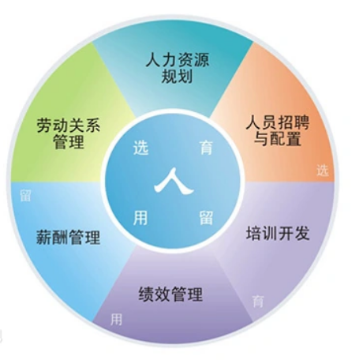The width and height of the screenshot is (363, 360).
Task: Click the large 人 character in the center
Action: pyautogui.click(x=174, y=181)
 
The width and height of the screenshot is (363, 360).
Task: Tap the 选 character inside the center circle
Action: pyautogui.click(x=141, y=147)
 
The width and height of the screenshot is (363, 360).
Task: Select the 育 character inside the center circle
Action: pyautogui.click(x=206, y=147)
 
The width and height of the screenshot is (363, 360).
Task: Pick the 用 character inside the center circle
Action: pyautogui.click(x=140, y=217)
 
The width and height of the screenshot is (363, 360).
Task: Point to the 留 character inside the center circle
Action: pyautogui.click(x=206, y=217)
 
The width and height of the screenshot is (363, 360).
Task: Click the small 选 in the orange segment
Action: pyautogui.click(x=323, y=171)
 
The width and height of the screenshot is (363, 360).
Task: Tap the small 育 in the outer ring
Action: pyautogui.click(x=258, y=301)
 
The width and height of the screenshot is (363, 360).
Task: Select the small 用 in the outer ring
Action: pyautogui.click(x=116, y=319)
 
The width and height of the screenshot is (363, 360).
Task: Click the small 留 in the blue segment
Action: pyautogui.click(x=25, y=196)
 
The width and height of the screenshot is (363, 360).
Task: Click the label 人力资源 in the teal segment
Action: pyautogui.click(x=178, y=60)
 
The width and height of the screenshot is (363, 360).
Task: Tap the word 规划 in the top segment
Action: pyautogui.click(x=177, y=76)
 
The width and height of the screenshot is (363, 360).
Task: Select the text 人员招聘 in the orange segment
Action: pyautogui.click(x=278, y=122)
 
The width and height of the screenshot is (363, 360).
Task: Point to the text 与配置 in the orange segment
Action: pyautogui.click(x=278, y=138)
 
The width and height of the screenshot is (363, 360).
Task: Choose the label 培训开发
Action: pyautogui.click(x=278, y=233)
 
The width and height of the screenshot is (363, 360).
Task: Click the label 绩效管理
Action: pyautogui.click(x=170, y=294)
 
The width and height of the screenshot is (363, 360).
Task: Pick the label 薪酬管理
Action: pyautogui.click(x=68, y=237)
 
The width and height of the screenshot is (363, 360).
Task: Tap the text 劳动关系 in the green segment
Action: pyautogui.click(x=69, y=125)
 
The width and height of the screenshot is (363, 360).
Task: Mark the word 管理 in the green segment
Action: pyautogui.click(x=69, y=141)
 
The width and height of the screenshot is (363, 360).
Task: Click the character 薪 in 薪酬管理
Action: pyautogui.click(x=44, y=237)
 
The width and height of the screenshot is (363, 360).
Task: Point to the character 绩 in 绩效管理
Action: pyautogui.click(x=147, y=294)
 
